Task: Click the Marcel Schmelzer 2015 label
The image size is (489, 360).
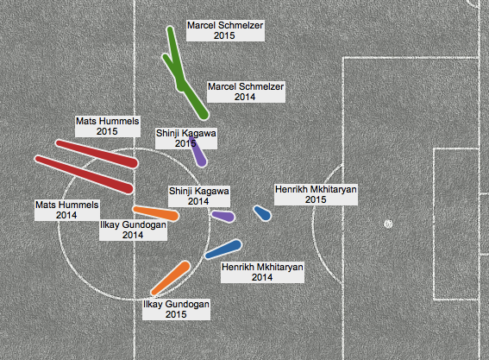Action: (225, 30)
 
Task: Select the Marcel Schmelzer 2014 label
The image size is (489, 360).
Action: (246, 92)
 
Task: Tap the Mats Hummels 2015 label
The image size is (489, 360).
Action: (107, 126)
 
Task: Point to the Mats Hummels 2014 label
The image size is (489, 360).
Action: (66, 210)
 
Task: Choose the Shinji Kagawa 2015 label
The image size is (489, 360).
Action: (186, 138)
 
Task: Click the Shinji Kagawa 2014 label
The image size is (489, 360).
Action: (199, 196)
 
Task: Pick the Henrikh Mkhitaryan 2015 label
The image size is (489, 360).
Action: (316, 194)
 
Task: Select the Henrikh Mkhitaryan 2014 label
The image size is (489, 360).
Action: (262, 272)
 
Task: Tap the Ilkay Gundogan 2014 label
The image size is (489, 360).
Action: (133, 230)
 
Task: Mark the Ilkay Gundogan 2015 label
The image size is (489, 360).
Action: (176, 309)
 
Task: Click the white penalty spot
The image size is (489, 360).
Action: (388, 224)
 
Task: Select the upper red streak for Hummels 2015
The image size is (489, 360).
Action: (97, 154)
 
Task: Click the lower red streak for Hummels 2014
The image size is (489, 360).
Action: (85, 174)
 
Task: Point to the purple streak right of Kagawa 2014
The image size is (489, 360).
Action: (223, 216)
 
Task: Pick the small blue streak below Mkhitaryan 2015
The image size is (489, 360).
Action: (262, 213)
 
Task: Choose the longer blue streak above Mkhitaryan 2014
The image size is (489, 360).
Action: (223, 249)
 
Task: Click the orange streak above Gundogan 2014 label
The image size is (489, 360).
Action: (155, 213)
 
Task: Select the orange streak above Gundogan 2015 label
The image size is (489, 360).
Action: (171, 278)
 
